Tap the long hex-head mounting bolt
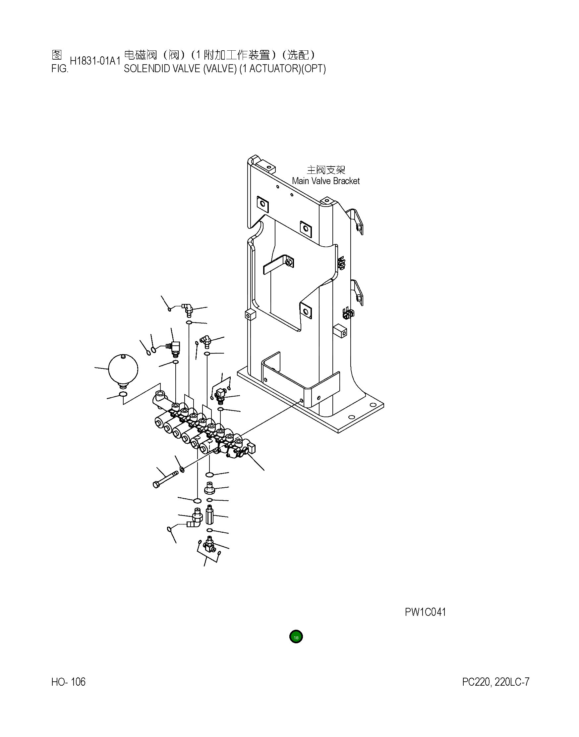tap(165, 478)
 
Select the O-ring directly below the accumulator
tap(123, 394)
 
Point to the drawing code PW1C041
tap(425, 612)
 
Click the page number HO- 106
tap(69, 682)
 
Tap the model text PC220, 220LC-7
tap(495, 682)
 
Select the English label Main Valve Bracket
tap(325, 181)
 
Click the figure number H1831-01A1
tap(95, 61)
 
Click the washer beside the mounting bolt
tap(182, 469)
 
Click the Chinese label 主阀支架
tap(325, 170)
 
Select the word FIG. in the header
tap(60, 69)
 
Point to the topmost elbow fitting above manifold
tap(187, 308)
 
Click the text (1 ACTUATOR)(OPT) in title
tap(282, 69)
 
